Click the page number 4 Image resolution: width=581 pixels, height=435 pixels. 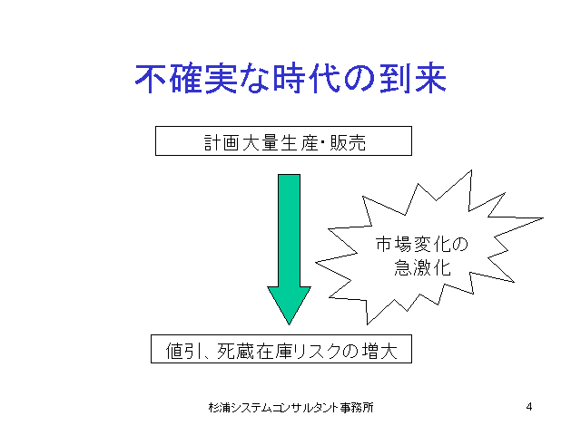click(529, 407)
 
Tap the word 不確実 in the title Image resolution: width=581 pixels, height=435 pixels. click(186, 79)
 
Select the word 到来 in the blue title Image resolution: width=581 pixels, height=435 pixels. click(412, 79)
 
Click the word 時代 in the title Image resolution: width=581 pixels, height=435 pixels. click(307, 79)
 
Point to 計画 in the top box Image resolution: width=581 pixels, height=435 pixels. click(222, 142)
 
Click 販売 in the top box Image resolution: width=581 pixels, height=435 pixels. click(348, 142)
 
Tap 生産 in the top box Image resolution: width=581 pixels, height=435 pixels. click(299, 142)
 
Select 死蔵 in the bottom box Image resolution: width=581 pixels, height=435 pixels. click(236, 351)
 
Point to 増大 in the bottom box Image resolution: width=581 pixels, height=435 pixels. click(379, 351)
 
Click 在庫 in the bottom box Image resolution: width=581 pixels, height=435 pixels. click(274, 351)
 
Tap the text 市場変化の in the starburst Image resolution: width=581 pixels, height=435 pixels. click(422, 245)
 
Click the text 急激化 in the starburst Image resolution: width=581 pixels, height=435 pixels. click(422, 267)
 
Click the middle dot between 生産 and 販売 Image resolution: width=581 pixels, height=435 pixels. click(323, 141)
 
